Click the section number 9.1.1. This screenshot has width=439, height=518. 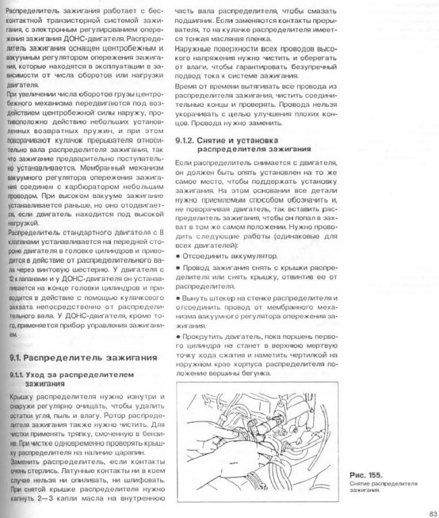pyautogui.click(x=20, y=374)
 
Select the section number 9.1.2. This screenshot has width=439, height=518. pyautogui.click(x=186, y=140)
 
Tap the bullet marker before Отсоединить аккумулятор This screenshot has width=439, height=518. pyautogui.click(x=177, y=257)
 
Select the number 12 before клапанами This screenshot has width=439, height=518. pyautogui.click(x=13, y=278)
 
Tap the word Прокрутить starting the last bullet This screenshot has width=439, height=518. pyautogui.click(x=200, y=336)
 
